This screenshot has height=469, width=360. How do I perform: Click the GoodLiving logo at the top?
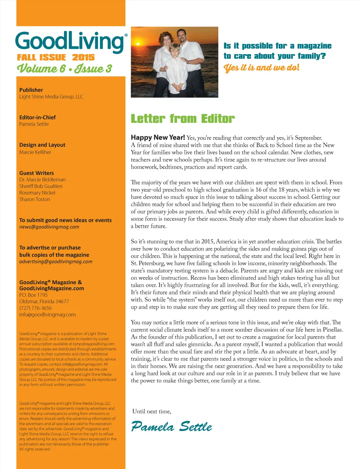pos(70,42)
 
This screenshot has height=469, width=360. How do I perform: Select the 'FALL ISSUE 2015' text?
pos(56,57)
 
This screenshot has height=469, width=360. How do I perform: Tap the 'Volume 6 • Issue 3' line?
pos(64,69)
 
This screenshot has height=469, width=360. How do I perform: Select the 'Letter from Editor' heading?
pos(182,119)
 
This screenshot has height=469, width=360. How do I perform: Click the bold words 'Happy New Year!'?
pos(158,137)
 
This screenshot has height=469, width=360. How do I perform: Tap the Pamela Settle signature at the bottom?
pos(172,426)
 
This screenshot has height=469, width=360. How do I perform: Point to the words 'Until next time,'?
pos(152,411)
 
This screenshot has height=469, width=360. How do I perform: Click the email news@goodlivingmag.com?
pos(49,227)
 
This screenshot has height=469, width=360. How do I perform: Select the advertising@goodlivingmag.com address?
pos(56,262)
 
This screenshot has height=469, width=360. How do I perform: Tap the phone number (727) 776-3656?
pos(36,308)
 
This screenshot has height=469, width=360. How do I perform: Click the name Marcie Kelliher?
pos(35,152)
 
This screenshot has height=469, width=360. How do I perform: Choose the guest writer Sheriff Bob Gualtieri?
pos(41,186)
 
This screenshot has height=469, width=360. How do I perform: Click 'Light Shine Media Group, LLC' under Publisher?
pos(51,97)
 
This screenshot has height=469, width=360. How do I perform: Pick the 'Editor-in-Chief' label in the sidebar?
pos(38,117)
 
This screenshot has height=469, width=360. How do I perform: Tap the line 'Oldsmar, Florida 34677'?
pos(44,301)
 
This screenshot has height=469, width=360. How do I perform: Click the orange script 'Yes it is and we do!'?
pos(262,68)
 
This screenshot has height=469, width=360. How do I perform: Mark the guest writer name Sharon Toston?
pos(35,199)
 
